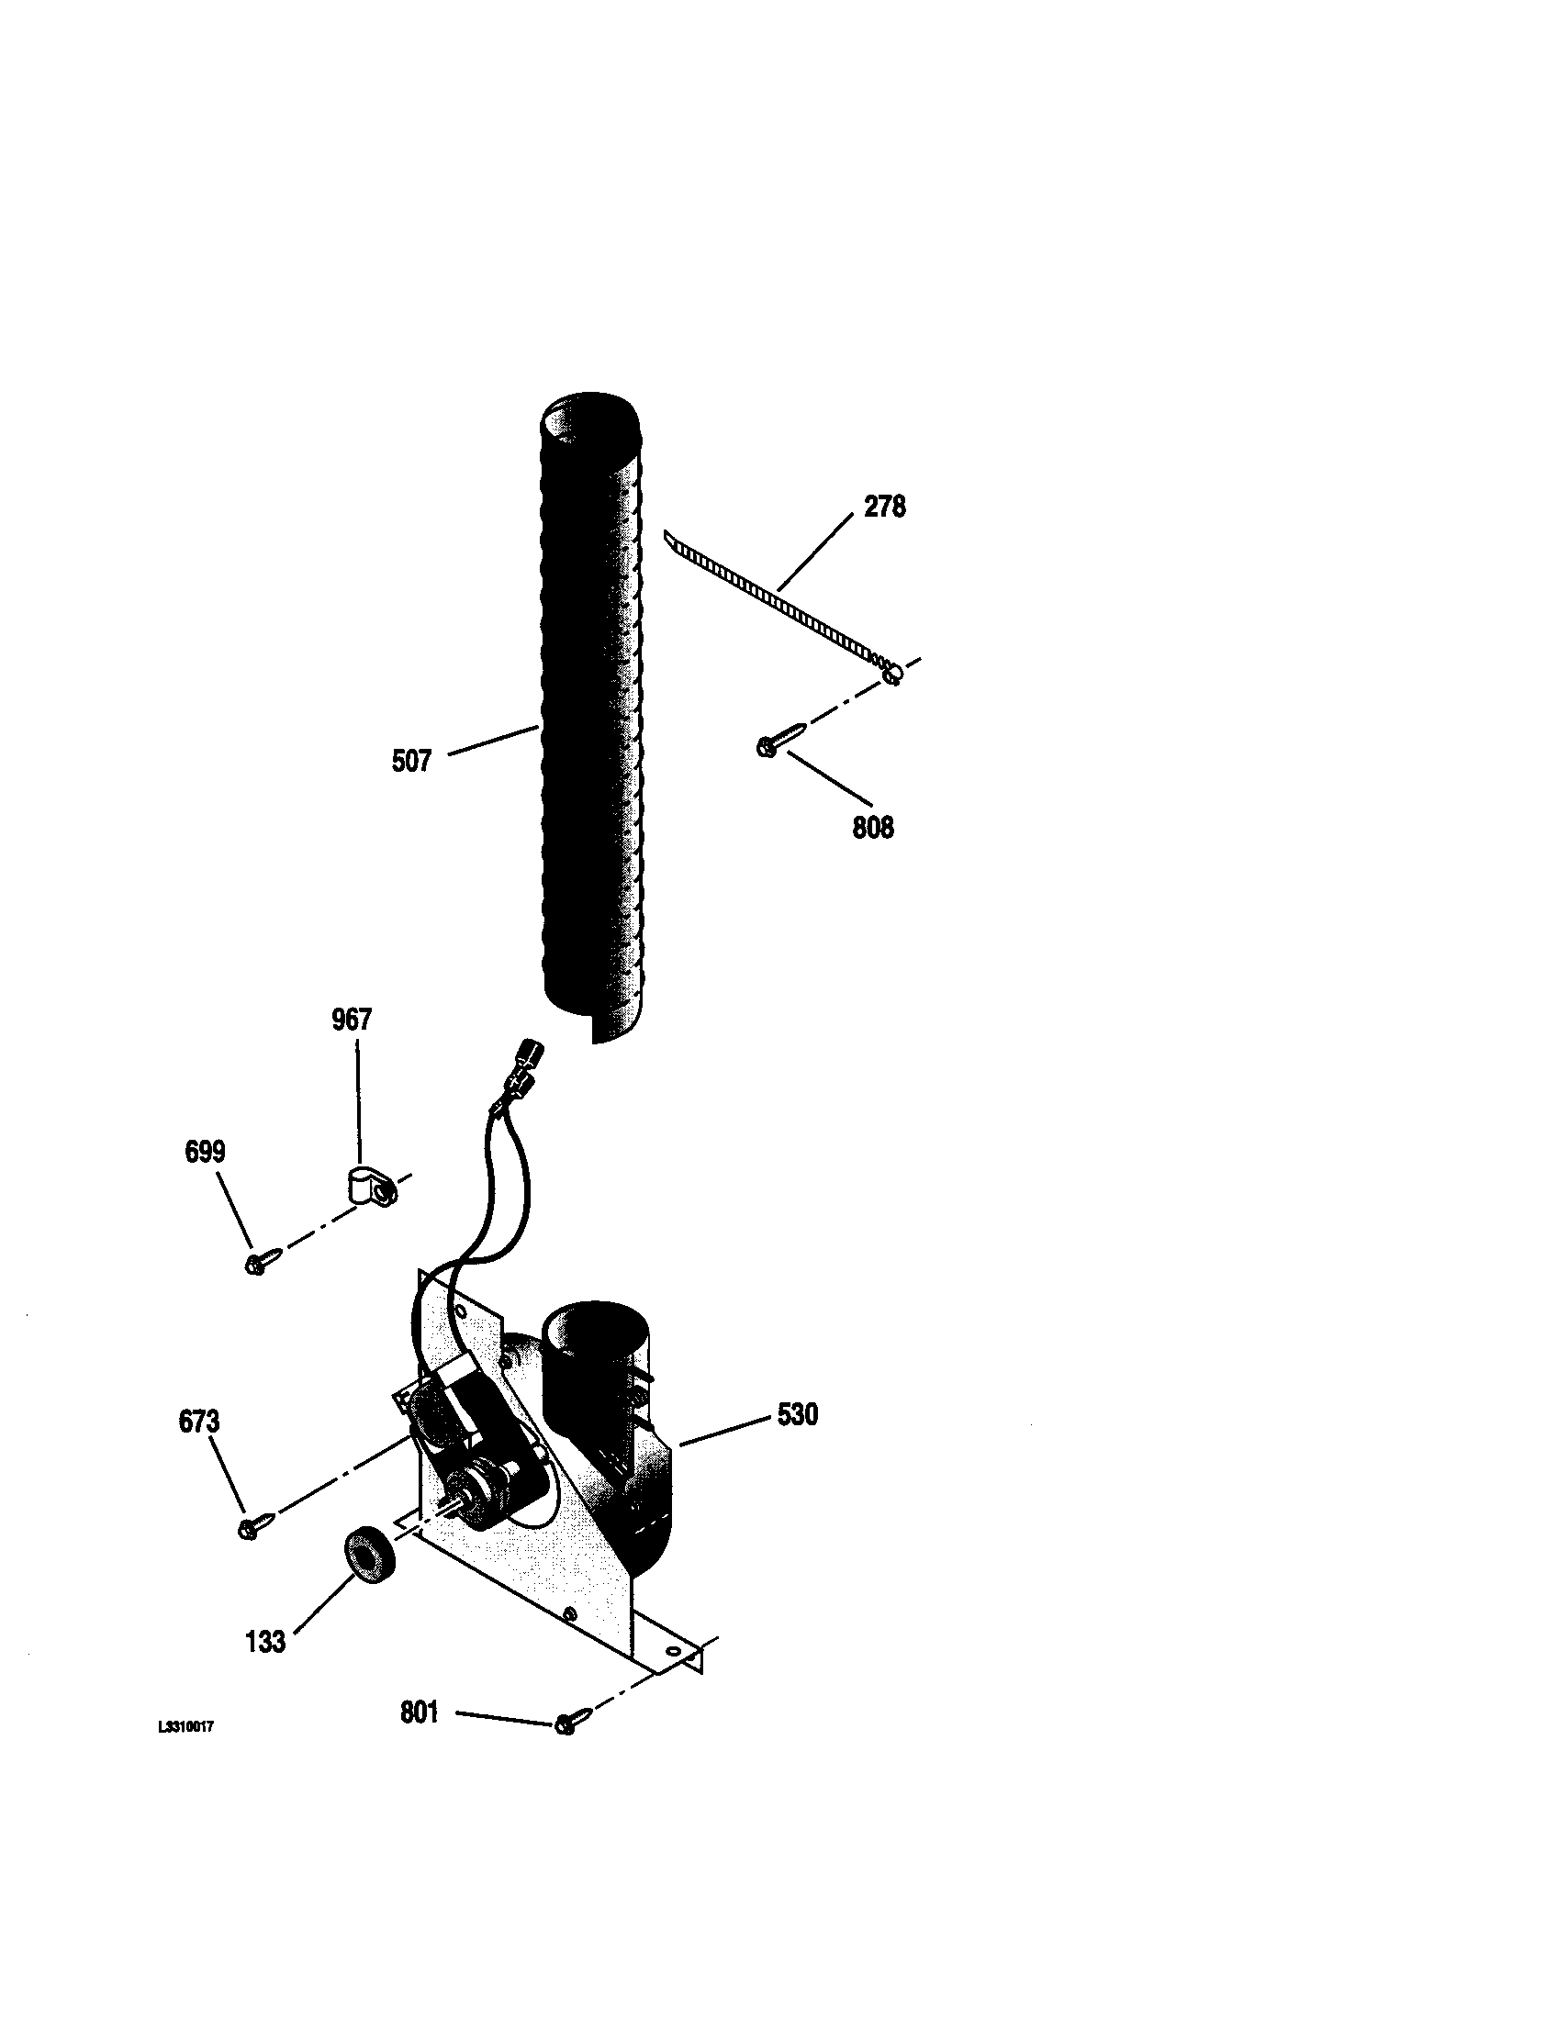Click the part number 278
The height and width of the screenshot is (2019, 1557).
884,507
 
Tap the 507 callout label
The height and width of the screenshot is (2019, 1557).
411,762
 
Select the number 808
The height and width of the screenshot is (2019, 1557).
873,827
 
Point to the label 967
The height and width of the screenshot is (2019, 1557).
352,1020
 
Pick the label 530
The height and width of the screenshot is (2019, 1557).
797,1414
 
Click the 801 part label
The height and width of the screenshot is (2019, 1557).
419,1712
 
